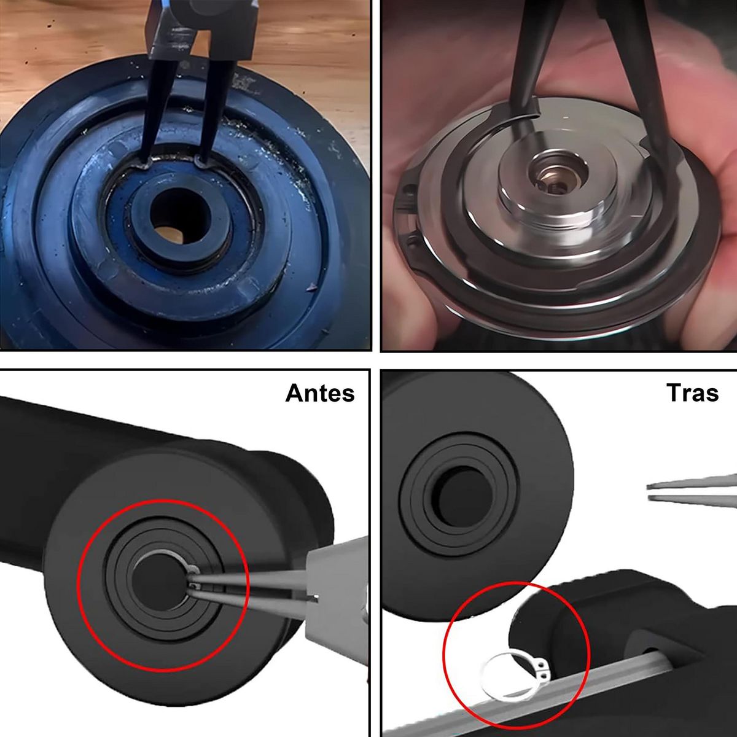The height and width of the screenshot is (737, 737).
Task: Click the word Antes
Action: coord(320,392)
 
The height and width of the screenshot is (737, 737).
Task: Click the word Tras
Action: coord(692,392)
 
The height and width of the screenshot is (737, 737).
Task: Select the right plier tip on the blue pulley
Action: coord(201,162)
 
